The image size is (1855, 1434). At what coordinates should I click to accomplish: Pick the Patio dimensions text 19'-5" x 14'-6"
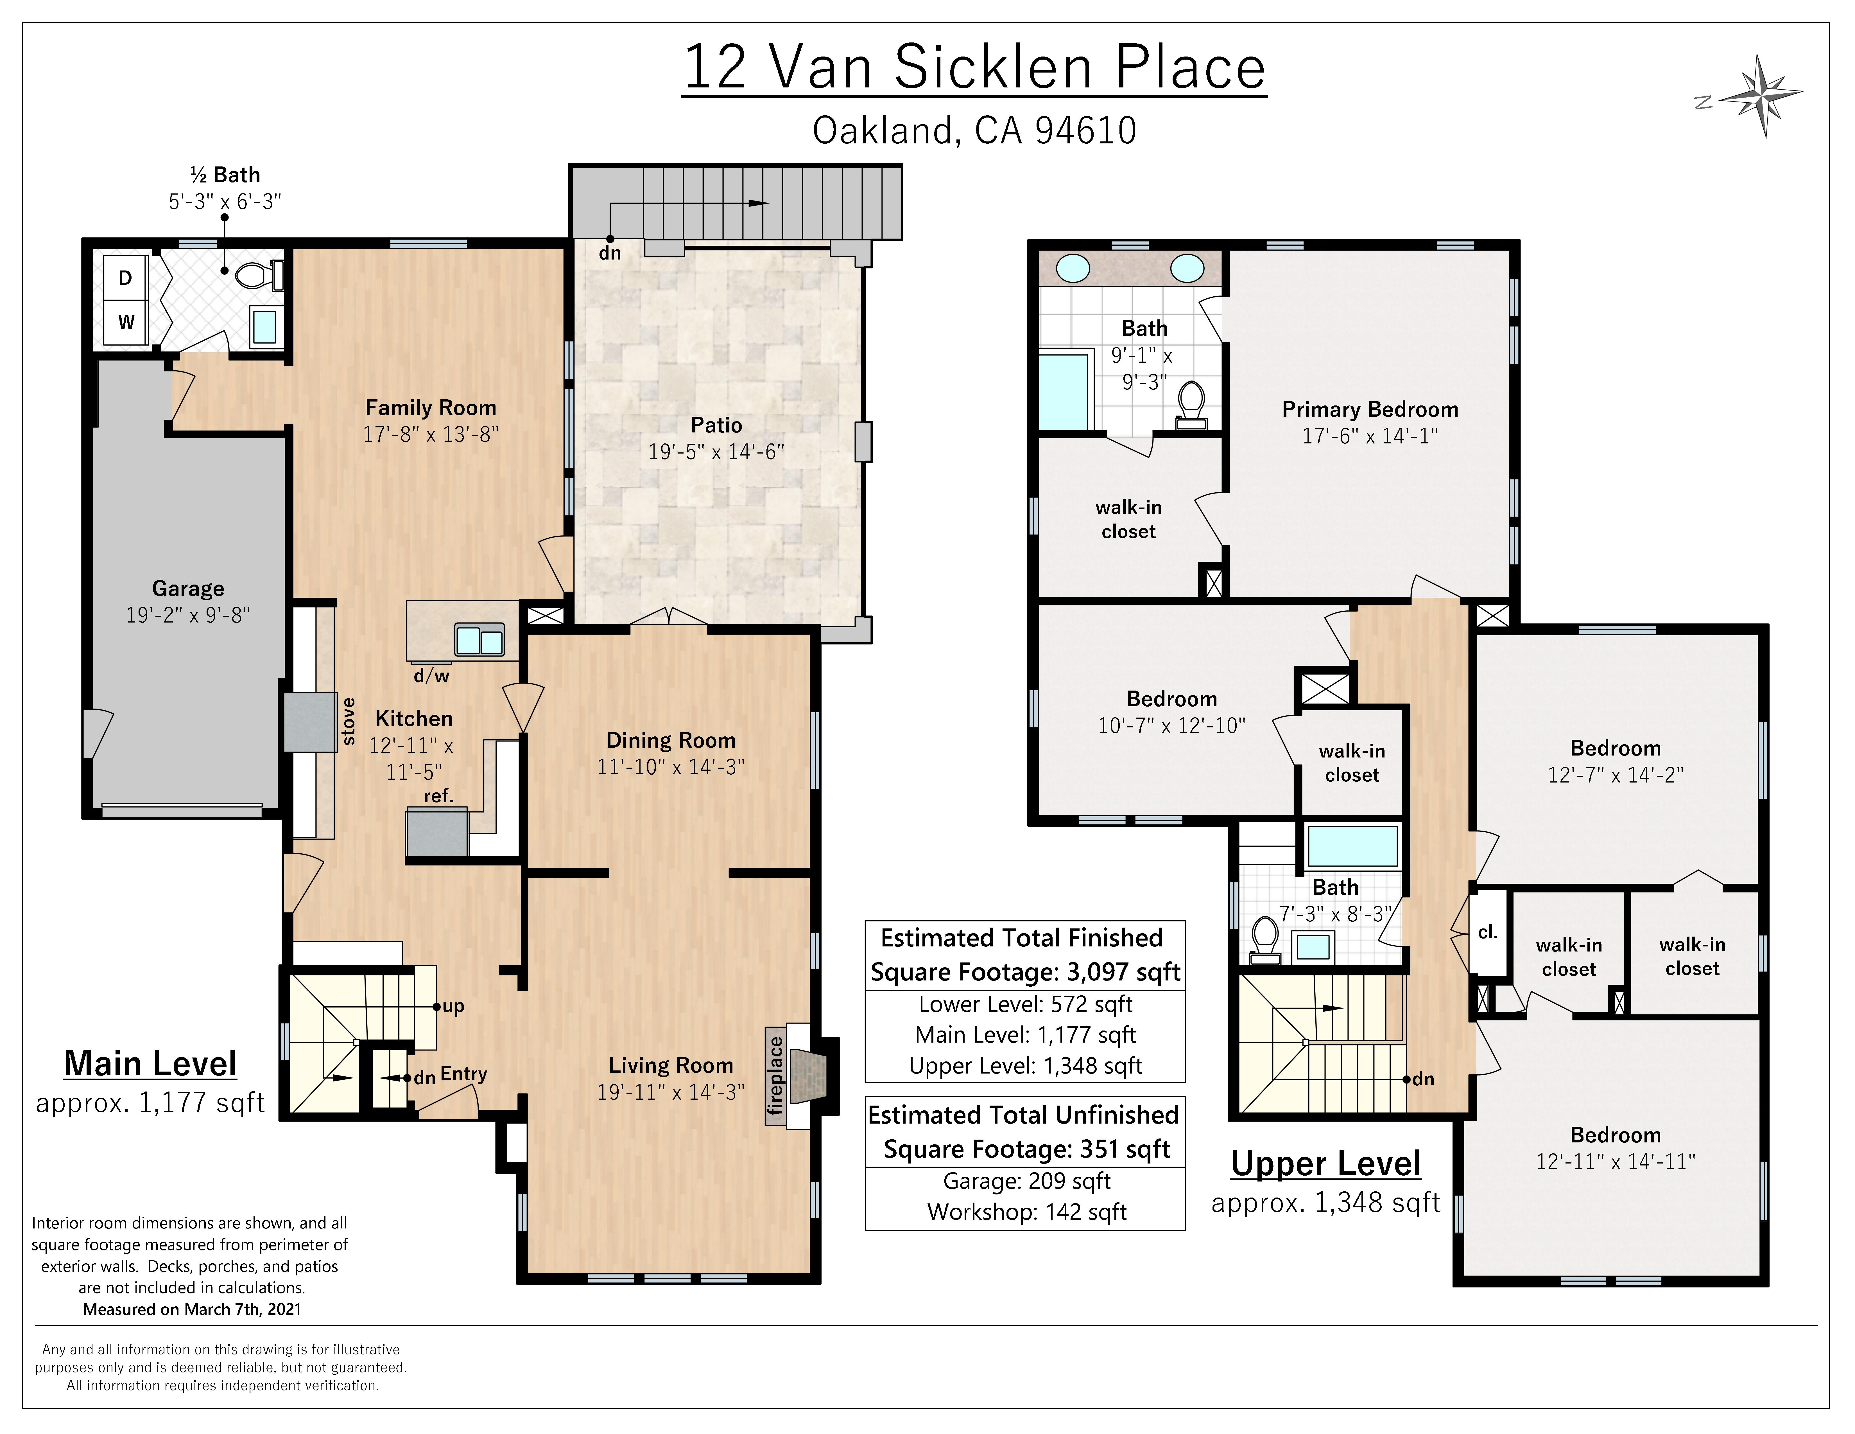tap(716, 452)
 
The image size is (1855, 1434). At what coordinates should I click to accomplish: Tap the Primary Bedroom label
tap(1370, 409)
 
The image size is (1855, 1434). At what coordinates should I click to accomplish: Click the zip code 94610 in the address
tap(1085, 131)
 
